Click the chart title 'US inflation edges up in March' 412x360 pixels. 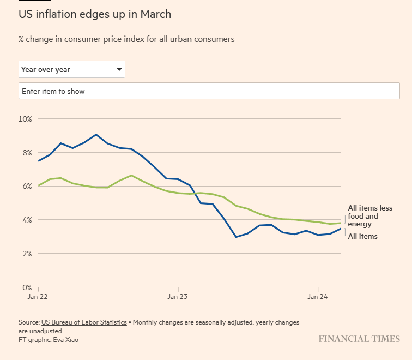[x=95, y=14]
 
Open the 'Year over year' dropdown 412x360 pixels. [x=71, y=69]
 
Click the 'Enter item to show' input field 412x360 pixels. [x=209, y=91]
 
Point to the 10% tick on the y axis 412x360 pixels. [x=25, y=119]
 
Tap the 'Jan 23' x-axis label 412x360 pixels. [x=178, y=297]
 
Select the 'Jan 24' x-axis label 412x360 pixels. [x=318, y=297]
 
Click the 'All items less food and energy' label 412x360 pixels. [x=369, y=216]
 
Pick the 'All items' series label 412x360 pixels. [x=362, y=237]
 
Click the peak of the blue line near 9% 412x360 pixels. [x=96, y=134]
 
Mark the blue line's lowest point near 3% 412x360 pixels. [x=236, y=237]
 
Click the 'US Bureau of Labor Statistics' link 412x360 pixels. [x=84, y=322]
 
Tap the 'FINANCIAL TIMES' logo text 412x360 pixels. [x=359, y=339]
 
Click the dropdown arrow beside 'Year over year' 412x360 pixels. [x=119, y=70]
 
